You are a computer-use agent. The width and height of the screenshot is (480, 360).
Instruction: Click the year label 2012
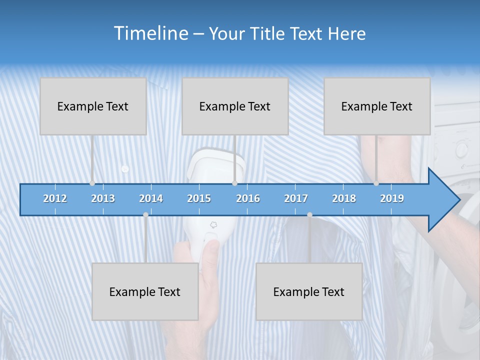[55, 198]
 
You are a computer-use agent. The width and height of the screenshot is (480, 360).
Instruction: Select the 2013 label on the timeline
[103, 198]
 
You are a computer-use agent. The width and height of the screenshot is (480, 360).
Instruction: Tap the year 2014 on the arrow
[151, 198]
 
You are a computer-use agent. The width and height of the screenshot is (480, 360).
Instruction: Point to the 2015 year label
[199, 198]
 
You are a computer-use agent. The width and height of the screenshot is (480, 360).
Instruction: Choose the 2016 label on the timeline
[248, 198]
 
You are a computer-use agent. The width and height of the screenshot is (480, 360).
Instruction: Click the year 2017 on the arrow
[296, 198]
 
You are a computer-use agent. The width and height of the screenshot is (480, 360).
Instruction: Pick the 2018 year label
[344, 198]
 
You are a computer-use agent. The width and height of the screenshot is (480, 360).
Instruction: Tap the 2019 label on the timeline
[392, 198]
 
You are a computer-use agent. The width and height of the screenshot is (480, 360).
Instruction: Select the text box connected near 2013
[93, 106]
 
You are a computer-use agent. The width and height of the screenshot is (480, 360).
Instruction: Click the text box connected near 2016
[235, 106]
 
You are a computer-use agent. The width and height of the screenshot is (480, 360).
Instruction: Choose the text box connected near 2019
[377, 106]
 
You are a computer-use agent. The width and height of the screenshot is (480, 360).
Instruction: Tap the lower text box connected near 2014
[145, 291]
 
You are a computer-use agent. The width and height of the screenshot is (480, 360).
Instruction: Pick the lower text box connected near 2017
[309, 291]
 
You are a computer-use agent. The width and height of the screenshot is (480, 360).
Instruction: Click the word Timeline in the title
[150, 33]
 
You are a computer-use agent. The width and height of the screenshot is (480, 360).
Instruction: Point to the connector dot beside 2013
[92, 183]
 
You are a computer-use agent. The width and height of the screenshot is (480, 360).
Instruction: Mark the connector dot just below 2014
[145, 214]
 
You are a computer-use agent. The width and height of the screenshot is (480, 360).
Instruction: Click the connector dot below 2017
[309, 214]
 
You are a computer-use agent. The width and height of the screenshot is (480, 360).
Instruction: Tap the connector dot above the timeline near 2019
[376, 183]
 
